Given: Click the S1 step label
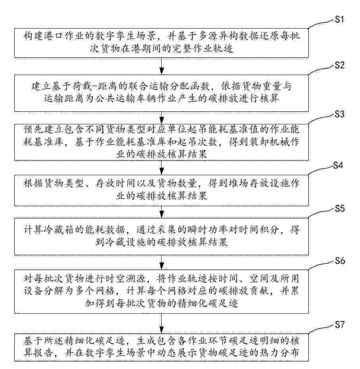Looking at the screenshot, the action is point(339,19).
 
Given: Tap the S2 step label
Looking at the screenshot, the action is point(339,65).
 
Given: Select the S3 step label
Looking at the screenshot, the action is point(339,114).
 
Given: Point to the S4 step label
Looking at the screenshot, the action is point(338,166).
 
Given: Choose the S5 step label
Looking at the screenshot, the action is point(340,209).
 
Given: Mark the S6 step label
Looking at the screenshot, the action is point(340,261).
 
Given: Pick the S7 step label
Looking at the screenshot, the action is point(339,325).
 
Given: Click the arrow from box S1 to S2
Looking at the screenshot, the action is point(162,66).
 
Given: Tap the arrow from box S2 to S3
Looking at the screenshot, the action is point(162,118).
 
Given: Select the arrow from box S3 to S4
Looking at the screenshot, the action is point(162,168).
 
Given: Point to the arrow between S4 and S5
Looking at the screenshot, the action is point(162,212).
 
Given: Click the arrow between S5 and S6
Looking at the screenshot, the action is point(162,262).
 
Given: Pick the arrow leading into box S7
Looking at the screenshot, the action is point(162,323).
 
